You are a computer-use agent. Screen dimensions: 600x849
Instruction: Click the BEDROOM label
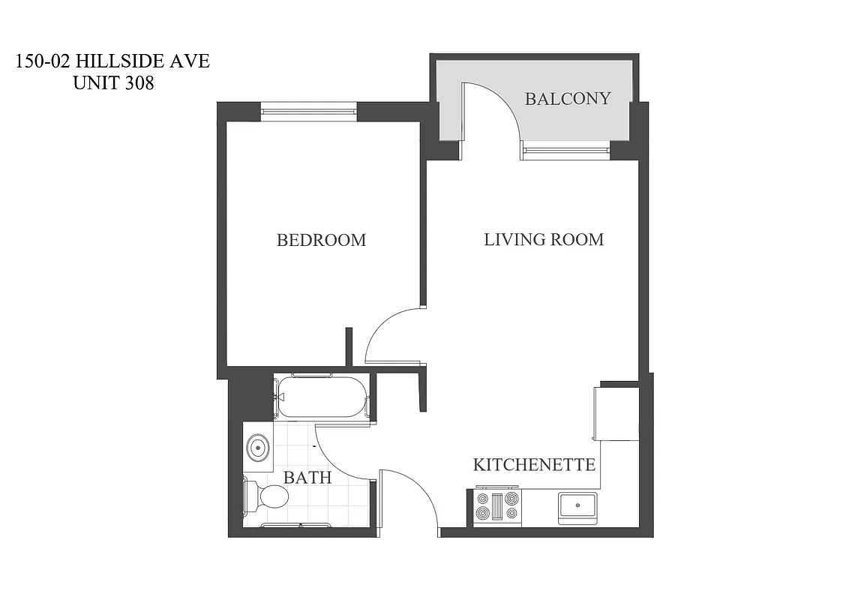321,240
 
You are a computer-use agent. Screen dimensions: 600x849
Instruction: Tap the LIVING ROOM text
543,239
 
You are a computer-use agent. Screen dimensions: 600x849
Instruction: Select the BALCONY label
567,98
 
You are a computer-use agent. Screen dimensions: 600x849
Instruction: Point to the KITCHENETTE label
533,464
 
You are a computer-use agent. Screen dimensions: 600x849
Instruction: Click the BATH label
307,477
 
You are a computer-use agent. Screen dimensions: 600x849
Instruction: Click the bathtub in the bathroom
322,397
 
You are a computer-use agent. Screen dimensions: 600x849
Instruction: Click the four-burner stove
497,506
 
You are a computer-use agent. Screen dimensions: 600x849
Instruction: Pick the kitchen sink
577,506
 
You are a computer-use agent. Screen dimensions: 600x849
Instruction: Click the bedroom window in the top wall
308,112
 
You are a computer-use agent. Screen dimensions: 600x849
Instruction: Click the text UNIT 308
113,83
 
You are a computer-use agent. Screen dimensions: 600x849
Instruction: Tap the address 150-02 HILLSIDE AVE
112,61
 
